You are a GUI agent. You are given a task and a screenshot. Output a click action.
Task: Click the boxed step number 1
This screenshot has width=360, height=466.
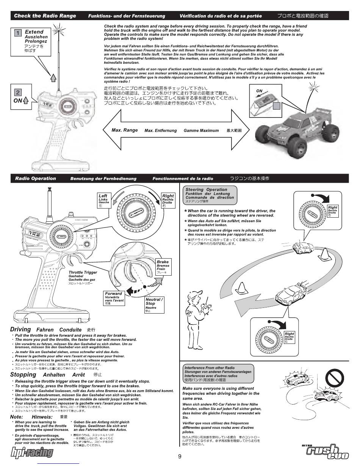click(18, 33)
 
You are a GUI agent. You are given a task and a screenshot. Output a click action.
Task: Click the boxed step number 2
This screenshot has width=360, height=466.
click(18, 92)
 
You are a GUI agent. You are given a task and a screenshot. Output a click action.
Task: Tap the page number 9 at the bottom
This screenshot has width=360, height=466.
click(180, 456)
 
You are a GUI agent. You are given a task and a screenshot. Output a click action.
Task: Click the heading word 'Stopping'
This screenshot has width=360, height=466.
click(23, 375)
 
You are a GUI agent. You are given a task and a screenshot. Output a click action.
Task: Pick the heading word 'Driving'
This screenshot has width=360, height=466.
click(20, 329)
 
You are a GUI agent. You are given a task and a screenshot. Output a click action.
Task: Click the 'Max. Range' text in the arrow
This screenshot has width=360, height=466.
click(125, 130)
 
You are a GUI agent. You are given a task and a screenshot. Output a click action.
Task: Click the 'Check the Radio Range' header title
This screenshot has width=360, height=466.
click(45, 16)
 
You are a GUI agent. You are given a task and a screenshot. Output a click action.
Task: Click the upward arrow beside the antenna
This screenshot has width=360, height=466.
click(53, 77)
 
